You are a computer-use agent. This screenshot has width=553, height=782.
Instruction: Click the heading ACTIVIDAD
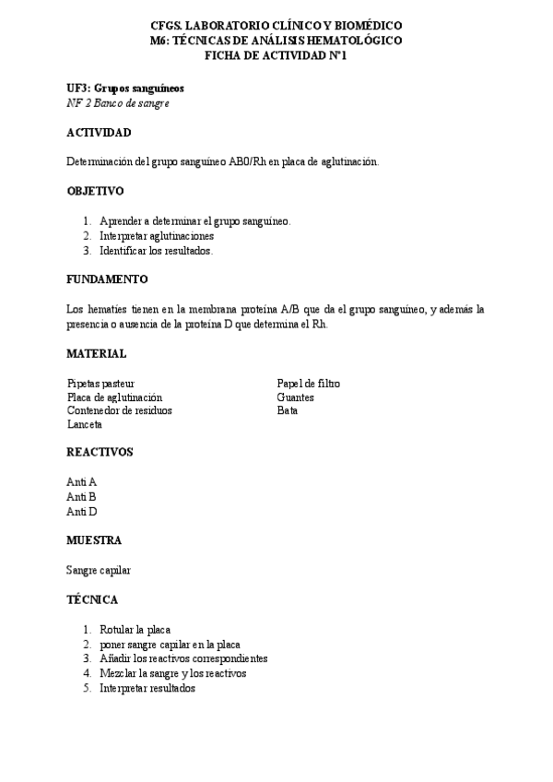coord(99,133)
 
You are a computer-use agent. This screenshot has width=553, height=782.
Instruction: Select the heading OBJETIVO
coord(95,191)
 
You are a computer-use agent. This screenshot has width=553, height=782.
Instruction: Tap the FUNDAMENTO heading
coord(107,278)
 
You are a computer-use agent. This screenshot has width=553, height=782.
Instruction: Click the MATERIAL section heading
coord(97,353)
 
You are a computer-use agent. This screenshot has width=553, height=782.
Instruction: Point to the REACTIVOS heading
coord(100,452)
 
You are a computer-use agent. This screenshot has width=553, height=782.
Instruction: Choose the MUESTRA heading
coord(94,540)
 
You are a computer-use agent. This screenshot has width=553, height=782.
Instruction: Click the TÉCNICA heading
coord(92,599)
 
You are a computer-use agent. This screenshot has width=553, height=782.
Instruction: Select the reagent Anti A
coord(82,482)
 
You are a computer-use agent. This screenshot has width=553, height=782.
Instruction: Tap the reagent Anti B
coord(82,496)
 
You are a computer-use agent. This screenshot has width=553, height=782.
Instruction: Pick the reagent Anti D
coord(82,511)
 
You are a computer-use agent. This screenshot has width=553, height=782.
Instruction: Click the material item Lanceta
coord(85,425)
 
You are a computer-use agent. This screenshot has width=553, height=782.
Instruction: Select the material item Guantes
coord(295,397)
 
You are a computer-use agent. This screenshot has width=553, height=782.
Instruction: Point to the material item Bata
coord(287,411)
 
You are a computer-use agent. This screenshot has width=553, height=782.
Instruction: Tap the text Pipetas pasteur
coord(101,383)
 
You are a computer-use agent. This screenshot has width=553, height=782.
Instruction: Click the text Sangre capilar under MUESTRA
coord(99,570)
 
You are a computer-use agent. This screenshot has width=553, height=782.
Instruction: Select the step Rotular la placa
coord(135,629)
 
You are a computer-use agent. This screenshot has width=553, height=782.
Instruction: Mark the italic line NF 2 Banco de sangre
coord(118,103)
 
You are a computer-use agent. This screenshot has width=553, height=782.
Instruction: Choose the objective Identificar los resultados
coord(157,250)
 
